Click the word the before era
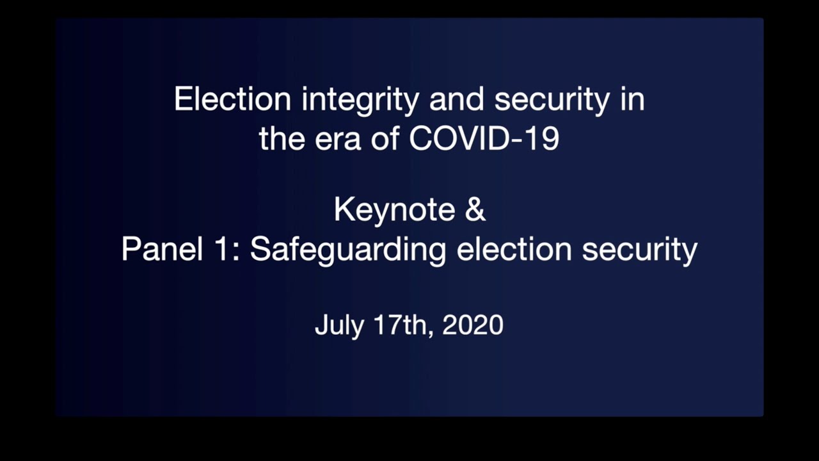279,139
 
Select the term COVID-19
484,139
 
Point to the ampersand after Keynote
475,211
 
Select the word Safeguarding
347,249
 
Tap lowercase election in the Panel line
514,249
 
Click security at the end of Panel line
639,249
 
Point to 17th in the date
404,325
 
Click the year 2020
473,325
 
